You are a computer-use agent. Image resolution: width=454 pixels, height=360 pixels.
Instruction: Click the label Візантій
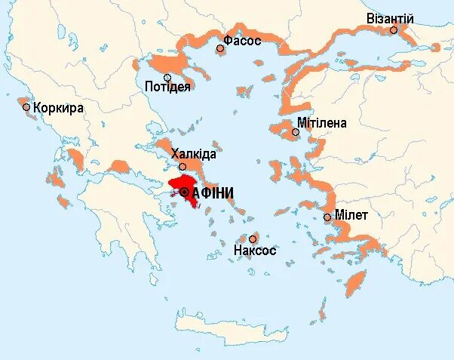click(x=390, y=17)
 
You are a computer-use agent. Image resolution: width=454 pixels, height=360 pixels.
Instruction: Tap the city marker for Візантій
click(x=394, y=30)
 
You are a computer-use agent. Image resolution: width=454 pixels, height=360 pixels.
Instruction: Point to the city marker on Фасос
click(x=220, y=48)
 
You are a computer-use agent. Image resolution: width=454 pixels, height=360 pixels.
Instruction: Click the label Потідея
click(x=167, y=87)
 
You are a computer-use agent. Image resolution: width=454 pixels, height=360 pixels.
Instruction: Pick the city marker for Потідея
click(x=167, y=76)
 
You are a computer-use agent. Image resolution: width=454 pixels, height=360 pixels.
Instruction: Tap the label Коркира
click(x=58, y=107)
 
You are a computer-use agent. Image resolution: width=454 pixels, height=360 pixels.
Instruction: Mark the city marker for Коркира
click(x=26, y=107)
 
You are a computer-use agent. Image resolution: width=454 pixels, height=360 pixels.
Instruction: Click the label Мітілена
click(x=322, y=122)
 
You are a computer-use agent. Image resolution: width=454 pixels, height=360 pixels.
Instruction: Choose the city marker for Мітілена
click(x=296, y=132)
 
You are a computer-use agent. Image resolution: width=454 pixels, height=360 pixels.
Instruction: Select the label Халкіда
click(x=193, y=154)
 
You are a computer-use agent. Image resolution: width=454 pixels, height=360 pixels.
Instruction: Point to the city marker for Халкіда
click(x=183, y=166)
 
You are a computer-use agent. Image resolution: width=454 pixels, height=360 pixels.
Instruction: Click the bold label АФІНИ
click(x=213, y=193)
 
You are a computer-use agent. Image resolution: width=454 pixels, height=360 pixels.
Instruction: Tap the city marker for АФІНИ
click(x=186, y=193)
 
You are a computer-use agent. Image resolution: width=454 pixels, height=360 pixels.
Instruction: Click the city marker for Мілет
click(x=327, y=217)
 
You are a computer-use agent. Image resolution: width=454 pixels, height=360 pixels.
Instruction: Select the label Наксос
click(x=255, y=250)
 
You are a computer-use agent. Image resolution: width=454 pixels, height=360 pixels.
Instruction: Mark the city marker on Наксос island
click(x=253, y=238)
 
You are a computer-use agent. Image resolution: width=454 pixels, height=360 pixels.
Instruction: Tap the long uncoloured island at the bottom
click(x=219, y=324)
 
